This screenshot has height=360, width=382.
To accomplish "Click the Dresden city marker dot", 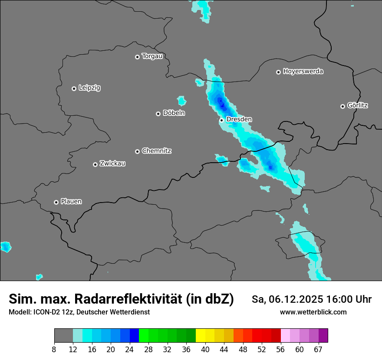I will pos(221,120).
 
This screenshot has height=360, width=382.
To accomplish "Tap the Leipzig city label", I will pos(89,88).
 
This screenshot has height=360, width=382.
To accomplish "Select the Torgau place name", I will pos(152,56).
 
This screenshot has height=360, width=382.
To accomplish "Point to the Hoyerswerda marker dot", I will pos(278,72).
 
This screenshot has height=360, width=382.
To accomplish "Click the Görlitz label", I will pos(358,105).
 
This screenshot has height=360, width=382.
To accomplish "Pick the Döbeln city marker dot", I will pos(158,114).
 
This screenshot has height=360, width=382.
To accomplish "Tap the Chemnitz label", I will pos(157,151).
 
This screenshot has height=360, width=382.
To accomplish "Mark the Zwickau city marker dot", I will pos(95,164).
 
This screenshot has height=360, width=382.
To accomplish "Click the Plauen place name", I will pos(71,202).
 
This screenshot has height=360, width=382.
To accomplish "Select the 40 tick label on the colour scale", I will pos(205,350).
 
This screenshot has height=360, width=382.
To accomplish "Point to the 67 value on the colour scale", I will pos(318,350).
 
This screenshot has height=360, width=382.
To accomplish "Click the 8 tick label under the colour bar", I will pos(54,350).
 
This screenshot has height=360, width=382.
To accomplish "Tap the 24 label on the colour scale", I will pos(130,350).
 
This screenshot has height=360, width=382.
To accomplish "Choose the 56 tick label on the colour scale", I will pos(281,350).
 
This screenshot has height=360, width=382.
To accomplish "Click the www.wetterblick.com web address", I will pos(313,312).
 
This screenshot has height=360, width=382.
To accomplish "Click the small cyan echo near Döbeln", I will pos(181,101).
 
